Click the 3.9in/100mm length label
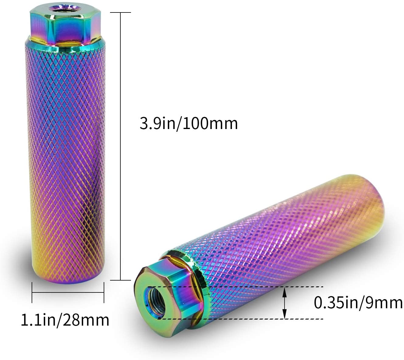click(188, 124)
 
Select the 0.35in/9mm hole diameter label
click(358, 302)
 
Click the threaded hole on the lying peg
click(157, 302)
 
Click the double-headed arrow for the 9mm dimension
click(285, 303)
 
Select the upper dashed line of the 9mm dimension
click(235, 287)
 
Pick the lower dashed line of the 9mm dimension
click(240, 319)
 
